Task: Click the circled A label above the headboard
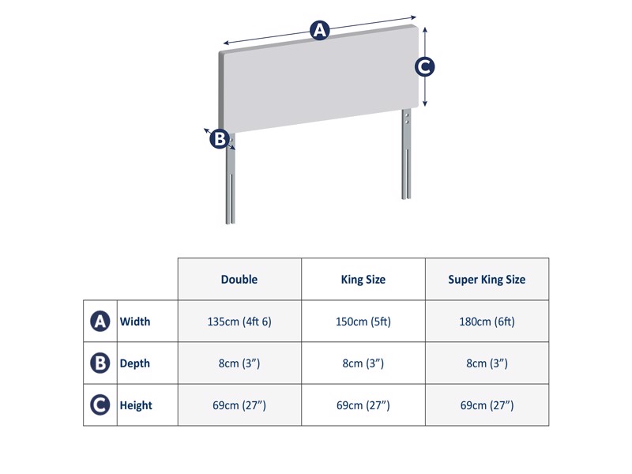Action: [x=319, y=31]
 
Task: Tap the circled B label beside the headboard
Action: [x=219, y=139]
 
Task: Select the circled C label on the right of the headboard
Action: [x=425, y=67]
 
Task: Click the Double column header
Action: [x=239, y=280]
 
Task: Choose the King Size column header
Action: [x=363, y=280]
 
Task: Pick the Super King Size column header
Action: [x=487, y=280]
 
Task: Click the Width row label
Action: [x=135, y=322]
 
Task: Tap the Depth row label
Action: [x=135, y=363]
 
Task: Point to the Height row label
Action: [x=136, y=405]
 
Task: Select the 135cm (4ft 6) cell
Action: [x=239, y=322]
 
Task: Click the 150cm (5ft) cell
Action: [x=363, y=322]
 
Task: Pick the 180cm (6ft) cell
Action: [x=487, y=322]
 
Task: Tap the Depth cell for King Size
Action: [x=363, y=363]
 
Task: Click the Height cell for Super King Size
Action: [x=487, y=405]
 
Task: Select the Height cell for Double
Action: [x=239, y=405]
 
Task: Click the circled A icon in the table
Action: [x=100, y=322]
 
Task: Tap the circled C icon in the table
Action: [x=100, y=405]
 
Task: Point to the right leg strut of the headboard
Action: [x=406, y=158]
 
